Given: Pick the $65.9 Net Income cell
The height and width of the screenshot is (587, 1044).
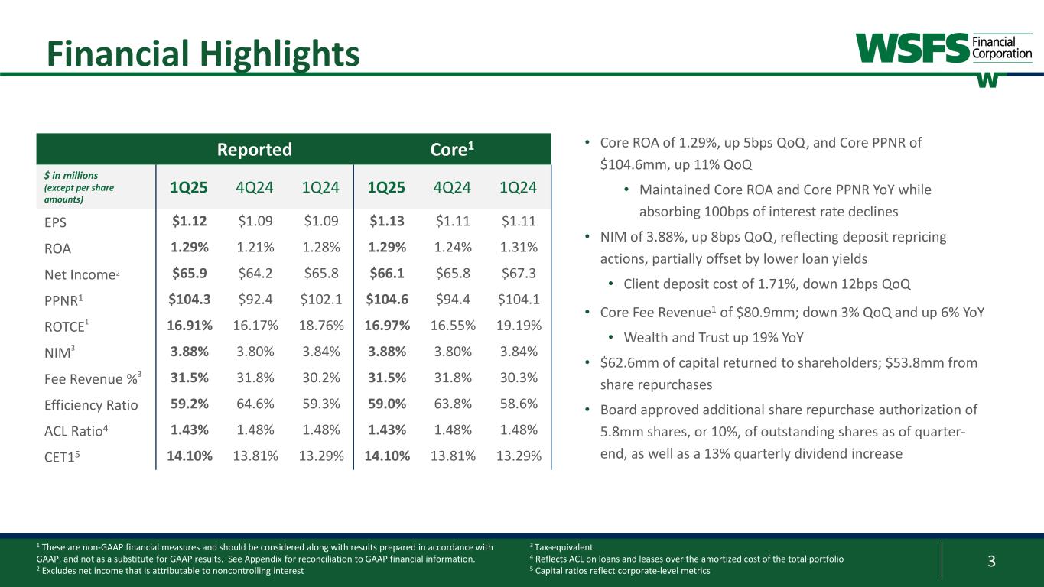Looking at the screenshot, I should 189,274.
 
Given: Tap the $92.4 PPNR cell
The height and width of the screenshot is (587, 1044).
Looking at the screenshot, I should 255,300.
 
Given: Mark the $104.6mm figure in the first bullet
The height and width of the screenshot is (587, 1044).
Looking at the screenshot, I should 629,164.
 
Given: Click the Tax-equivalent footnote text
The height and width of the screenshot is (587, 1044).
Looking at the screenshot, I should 564,547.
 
